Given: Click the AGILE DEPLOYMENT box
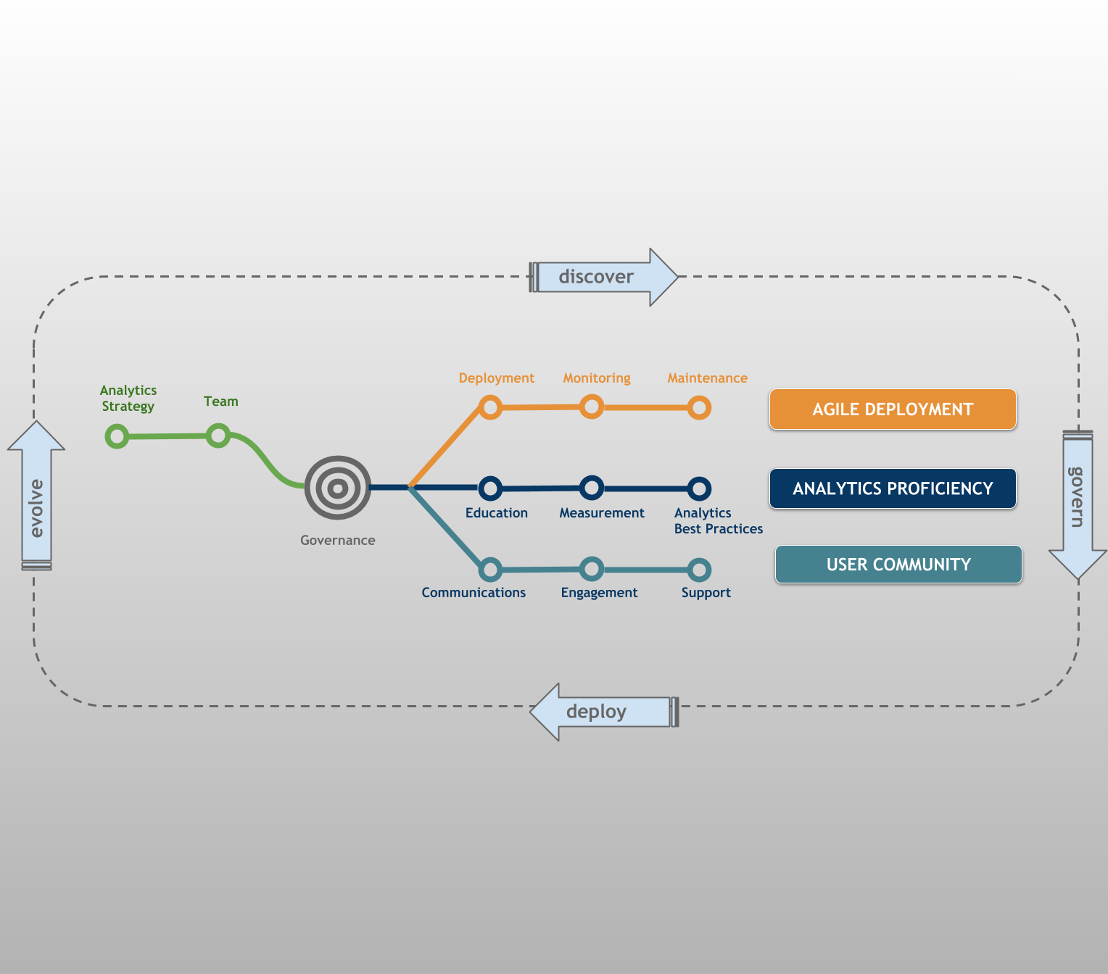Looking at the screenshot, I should (x=893, y=409).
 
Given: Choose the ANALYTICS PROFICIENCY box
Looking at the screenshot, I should (x=893, y=488).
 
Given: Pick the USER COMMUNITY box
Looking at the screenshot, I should (x=898, y=565).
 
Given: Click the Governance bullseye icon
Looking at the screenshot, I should (x=338, y=488).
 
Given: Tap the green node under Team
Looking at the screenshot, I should (x=218, y=436).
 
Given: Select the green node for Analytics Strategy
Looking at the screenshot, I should (x=117, y=436).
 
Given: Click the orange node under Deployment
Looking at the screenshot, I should (x=490, y=407).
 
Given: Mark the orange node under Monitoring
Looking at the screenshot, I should (x=592, y=407).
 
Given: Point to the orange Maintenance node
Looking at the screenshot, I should (x=699, y=407).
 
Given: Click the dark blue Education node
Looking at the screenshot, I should (x=490, y=488).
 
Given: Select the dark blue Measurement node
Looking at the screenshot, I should (x=592, y=488).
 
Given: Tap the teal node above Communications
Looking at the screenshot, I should (x=490, y=570).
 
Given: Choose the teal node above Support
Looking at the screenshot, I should (x=699, y=570).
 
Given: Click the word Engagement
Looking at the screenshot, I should (x=599, y=593).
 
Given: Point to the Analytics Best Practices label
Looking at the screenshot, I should (x=718, y=521).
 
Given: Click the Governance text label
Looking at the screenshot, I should (x=338, y=541).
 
